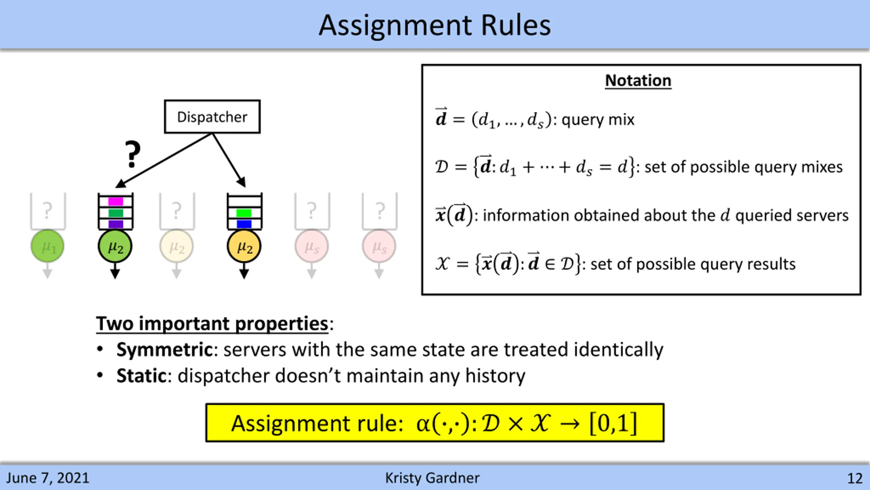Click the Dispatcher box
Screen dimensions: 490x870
212,117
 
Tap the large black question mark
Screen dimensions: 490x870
132,154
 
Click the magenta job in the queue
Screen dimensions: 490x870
116,202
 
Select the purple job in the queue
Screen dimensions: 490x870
116,224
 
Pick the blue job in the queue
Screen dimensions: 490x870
244,224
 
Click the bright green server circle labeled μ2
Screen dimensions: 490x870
115,246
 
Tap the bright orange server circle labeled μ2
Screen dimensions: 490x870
244,246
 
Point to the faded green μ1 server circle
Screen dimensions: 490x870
48,246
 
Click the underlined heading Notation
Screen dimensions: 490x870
638,81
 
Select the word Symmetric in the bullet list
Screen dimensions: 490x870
164,349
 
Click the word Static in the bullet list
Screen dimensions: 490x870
141,376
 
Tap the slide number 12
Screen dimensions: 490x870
855,478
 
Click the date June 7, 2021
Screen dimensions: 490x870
48,478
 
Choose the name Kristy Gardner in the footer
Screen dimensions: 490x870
432,478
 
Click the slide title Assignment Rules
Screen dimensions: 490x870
435,25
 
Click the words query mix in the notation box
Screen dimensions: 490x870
598,119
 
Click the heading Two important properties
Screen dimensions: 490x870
212,323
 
